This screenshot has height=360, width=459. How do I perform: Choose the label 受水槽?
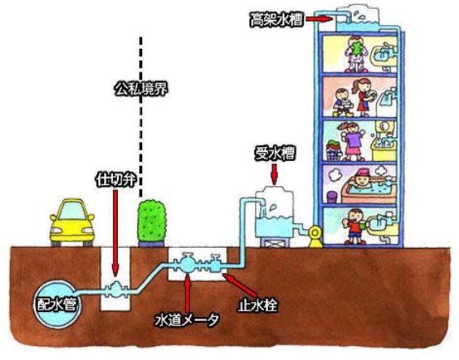(x=275, y=152)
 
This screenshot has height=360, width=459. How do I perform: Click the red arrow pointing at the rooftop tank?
(x=320, y=18)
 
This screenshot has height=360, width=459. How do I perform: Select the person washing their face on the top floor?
(x=353, y=53)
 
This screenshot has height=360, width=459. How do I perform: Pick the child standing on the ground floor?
(x=355, y=227)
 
